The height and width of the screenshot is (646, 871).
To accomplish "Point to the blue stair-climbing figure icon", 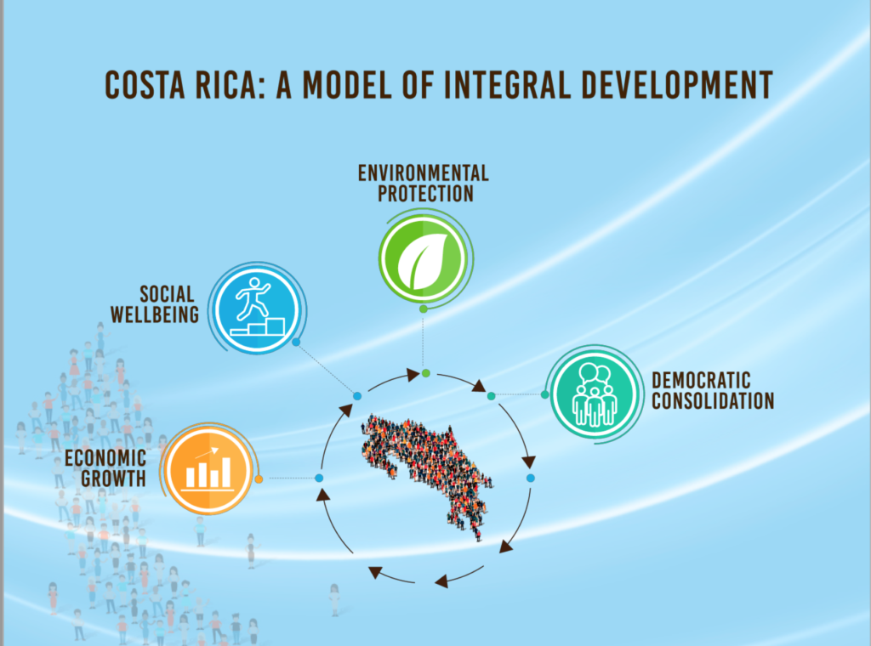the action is pyautogui.click(x=257, y=309).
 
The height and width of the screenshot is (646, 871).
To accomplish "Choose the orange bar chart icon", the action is pyautogui.click(x=208, y=470).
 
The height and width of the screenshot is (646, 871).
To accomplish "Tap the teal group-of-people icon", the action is pyautogui.click(x=595, y=394).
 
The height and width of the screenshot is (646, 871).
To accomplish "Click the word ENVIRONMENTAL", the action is pyautogui.click(x=424, y=173).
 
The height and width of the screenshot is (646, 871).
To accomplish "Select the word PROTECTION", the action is pyautogui.click(x=425, y=194).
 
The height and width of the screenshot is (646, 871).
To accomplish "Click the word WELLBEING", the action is pyautogui.click(x=155, y=314).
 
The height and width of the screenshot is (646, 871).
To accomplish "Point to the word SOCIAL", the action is pyautogui.click(x=167, y=294).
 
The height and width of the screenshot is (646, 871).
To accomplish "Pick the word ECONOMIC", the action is pyautogui.click(x=105, y=458).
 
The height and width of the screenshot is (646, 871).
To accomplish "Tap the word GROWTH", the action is pyautogui.click(x=114, y=479).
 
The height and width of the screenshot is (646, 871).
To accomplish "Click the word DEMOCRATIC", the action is pyautogui.click(x=701, y=381).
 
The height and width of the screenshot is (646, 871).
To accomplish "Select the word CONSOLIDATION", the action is pyautogui.click(x=713, y=400).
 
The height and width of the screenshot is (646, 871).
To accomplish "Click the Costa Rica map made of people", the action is pyautogui.click(x=427, y=474).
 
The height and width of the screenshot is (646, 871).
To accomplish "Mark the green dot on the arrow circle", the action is pyautogui.click(x=426, y=373).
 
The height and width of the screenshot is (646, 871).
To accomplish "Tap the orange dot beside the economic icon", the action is pyautogui.click(x=259, y=479).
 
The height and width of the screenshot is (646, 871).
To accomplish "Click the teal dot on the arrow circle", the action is pyautogui.click(x=491, y=396).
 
